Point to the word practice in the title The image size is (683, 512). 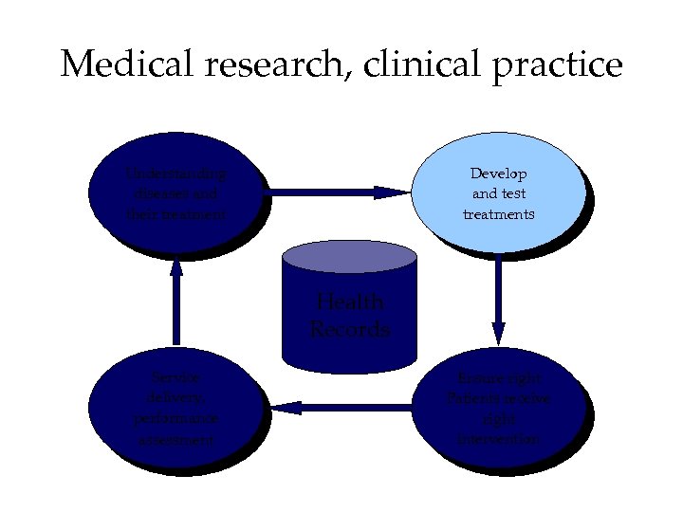point(557,66)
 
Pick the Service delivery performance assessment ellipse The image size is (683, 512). point(176,409)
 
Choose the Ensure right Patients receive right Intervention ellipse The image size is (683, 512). point(498,409)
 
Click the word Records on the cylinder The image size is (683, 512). point(350,330)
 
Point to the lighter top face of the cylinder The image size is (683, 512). point(350,256)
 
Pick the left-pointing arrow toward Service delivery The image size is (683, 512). point(341,408)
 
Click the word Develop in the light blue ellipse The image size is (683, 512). point(499,174)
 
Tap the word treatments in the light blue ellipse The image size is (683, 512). point(499,214)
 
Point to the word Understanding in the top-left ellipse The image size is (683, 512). point(176,174)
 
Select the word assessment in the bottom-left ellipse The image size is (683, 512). point(176,440)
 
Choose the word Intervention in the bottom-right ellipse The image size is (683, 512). point(499,440)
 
